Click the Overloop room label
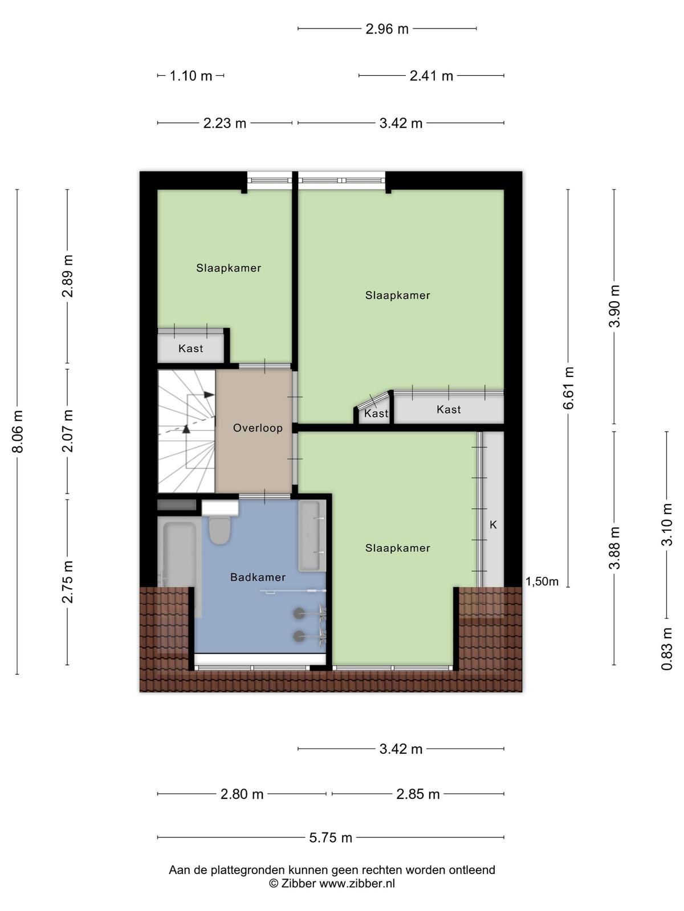pyautogui.click(x=258, y=428)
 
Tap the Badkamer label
pyautogui.click(x=258, y=577)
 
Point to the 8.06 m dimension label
pyautogui.click(x=18, y=431)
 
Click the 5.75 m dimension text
pyautogui.click(x=331, y=838)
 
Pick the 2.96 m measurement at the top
pyautogui.click(x=387, y=29)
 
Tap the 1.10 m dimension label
pyautogui.click(x=191, y=76)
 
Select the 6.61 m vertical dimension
pyautogui.click(x=568, y=388)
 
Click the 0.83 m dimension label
pyautogui.click(x=667, y=649)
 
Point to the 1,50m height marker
pyautogui.click(x=542, y=581)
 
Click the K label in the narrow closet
pyautogui.click(x=493, y=525)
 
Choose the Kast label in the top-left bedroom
pyautogui.click(x=190, y=348)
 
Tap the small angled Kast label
pyautogui.click(x=376, y=413)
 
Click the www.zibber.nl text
pyautogui.click(x=357, y=883)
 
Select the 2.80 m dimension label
pyautogui.click(x=242, y=794)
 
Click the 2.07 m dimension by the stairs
pyautogui.click(x=68, y=431)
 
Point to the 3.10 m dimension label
pyautogui.click(x=667, y=524)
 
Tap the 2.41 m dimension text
pyautogui.click(x=431, y=76)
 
